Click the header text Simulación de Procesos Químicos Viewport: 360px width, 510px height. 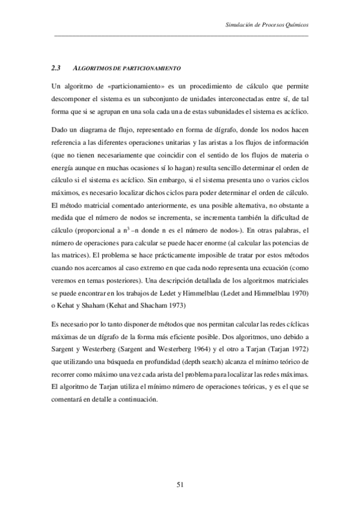(266, 25)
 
